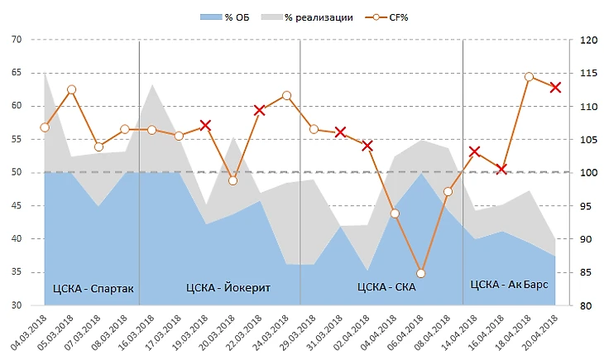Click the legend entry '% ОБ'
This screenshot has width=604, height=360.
tap(232, 17)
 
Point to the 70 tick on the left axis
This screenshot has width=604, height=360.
tap(17, 40)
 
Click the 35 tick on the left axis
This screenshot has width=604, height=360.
tap(17, 272)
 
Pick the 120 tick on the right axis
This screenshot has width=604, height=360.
tap(587, 40)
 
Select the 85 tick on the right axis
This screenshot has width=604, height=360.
tap(587, 272)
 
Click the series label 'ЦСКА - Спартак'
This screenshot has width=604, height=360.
tap(93, 289)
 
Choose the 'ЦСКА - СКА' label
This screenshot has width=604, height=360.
tap(386, 288)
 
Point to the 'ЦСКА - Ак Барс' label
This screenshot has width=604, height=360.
tap(508, 284)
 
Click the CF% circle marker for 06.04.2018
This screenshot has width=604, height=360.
tap(421, 273)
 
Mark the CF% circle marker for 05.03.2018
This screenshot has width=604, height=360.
tap(71, 89)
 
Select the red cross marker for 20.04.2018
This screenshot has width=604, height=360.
tap(556, 87)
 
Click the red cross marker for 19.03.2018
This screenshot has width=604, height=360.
tap(206, 126)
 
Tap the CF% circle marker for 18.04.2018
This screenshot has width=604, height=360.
tap(529, 77)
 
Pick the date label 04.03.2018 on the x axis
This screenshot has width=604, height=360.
tap(30, 330)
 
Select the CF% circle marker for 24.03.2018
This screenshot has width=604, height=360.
tap(286, 95)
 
